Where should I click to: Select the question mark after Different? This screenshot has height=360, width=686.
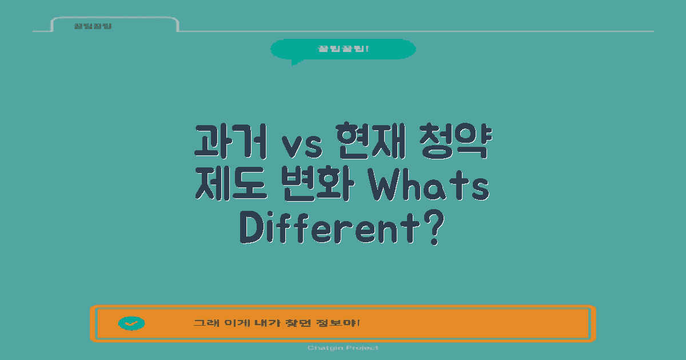434,229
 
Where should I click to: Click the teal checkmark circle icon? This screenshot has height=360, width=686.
131,323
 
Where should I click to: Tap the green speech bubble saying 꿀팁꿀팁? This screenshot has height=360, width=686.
343,49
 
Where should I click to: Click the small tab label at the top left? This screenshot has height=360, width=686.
93,26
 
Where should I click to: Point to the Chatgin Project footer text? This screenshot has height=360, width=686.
343,348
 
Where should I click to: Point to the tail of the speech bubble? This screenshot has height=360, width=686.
295,62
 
